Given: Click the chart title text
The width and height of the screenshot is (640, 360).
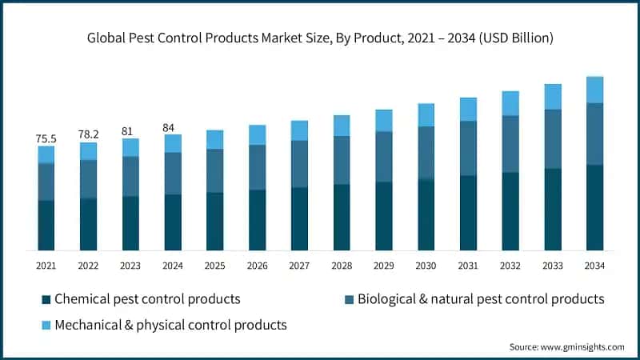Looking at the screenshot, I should coord(320,38).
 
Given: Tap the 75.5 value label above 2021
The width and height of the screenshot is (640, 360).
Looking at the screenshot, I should coord(46,138).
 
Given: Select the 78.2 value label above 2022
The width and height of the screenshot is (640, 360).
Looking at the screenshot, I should coord(88,134).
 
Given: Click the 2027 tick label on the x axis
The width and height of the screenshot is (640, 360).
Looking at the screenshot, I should coord(299,265).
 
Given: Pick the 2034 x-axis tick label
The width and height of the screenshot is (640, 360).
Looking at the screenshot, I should coord(594,265).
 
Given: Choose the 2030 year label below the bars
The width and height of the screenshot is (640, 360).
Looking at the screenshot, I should coord(426,265).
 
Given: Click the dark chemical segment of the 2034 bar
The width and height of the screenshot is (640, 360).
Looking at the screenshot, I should coord(594,207).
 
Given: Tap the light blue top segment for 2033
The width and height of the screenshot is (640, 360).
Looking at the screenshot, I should coord(553,97).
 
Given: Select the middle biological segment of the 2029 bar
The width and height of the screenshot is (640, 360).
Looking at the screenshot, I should coord(384,157).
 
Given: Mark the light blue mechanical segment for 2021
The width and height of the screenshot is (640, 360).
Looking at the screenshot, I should coord(46,154).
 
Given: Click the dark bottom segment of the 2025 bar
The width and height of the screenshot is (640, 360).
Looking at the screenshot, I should coord(214,221).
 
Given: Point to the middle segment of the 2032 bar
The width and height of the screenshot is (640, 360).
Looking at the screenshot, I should coord(510,144).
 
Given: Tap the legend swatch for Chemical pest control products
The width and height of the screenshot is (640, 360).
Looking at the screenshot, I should coord(46,299).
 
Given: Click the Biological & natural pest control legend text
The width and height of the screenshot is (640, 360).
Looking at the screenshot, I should coord(480,299).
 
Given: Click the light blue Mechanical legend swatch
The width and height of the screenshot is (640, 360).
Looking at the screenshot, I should coord(46,325).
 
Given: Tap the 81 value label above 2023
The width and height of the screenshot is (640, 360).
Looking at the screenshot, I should coord(130,130).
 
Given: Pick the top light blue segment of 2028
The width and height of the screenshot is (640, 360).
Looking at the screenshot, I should coord(342,126).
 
